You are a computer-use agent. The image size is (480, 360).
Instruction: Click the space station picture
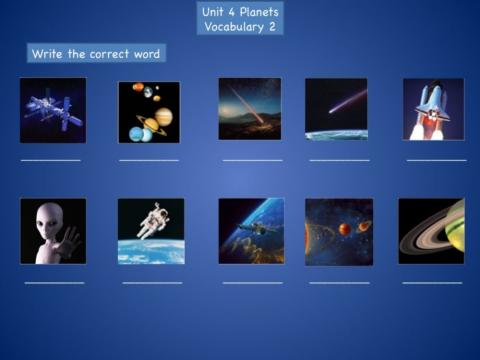pos(52,110)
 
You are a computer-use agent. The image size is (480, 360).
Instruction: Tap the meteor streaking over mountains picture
pos(249,109)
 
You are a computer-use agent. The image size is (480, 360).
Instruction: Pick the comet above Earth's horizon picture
pos(336,109)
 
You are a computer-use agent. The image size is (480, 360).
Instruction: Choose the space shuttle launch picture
pos(433,109)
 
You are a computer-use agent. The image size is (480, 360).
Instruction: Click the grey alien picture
pos(52,231)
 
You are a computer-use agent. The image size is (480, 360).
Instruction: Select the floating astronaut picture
pos(151,231)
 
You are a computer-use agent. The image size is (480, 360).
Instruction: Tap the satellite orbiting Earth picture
pos(251,231)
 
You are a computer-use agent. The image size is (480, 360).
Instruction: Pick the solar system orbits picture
pos(339,231)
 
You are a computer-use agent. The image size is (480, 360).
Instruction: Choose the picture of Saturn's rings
pos(431,231)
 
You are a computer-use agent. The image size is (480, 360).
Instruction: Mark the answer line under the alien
pos(54,283)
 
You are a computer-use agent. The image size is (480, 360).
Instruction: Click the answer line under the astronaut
pos(152,283)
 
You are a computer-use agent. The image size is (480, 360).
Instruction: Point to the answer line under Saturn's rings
pos(432,283)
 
